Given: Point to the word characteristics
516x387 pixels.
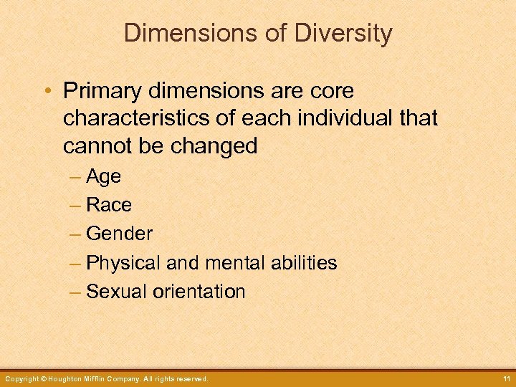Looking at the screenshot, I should pos(133,119).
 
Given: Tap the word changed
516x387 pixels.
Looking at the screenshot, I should pos(214,146).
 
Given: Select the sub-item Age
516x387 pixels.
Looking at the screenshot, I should pos(103,177).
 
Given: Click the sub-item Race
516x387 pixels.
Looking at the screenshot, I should pos(109,206).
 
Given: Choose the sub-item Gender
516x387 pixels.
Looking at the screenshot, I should pos(119,234).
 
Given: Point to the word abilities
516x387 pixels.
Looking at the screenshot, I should pos(304,263).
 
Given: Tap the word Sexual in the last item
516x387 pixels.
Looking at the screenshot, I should pos(116,292).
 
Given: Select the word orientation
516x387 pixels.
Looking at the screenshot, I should pos(199,292).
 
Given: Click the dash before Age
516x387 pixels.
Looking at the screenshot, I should pos(75,177).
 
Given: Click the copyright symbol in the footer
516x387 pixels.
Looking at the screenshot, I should pos(44,378).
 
